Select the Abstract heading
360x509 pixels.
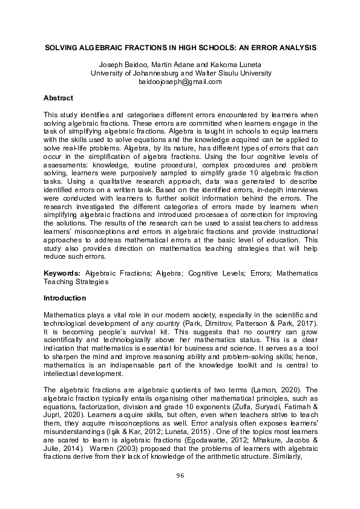pyautogui.click(x=59, y=97)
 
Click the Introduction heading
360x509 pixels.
pyautogui.click(x=65, y=298)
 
